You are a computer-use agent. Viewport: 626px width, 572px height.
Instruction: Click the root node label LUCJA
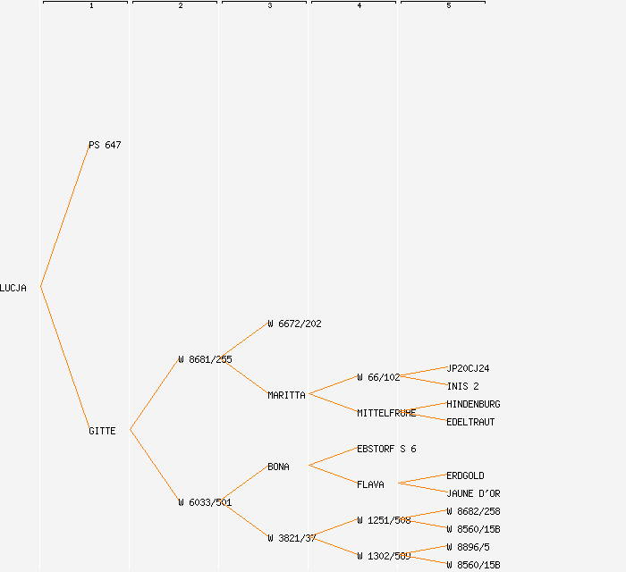pos(13,288)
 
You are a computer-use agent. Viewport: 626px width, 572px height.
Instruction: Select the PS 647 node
pos(105,145)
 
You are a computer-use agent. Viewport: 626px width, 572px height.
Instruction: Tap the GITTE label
pos(102,431)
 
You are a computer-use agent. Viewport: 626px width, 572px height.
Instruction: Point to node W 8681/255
pos(205,359)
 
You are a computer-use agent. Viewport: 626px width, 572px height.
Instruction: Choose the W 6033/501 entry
pos(205,502)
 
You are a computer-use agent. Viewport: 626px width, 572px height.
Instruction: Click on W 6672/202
pos(294,324)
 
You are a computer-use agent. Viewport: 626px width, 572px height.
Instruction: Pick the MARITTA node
pos(286,395)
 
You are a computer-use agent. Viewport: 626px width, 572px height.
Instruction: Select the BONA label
pos(278,467)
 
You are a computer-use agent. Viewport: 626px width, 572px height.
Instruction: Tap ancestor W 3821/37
pos(292,538)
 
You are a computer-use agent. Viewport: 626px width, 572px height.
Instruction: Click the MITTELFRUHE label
pos(386,413)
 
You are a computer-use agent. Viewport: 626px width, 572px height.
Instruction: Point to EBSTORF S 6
pos(386,449)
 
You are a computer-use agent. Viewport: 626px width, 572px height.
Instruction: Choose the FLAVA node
pos(370,484)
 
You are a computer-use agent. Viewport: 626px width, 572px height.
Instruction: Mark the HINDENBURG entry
pos(473,404)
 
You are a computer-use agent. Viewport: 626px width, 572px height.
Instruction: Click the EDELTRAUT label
pos(470,422)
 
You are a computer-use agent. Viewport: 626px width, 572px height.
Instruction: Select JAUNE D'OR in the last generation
pos(473,493)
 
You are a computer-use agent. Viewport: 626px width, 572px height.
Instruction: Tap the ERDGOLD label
pos(465,475)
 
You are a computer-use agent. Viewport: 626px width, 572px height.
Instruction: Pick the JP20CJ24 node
pos(468,368)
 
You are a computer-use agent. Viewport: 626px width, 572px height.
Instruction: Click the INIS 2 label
pos(462,386)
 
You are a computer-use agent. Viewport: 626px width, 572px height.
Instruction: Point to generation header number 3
pos(269,6)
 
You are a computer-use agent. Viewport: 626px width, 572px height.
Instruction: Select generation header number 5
pos(448,6)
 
